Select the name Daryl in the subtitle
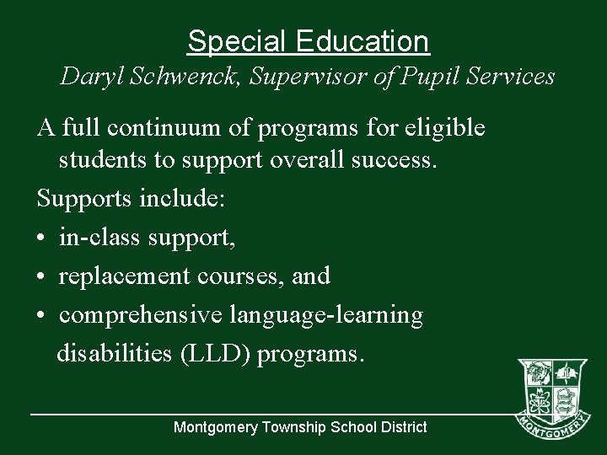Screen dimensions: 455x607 [x=89, y=77]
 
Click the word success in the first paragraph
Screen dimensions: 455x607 [x=393, y=160]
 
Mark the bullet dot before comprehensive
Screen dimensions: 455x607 [x=41, y=316]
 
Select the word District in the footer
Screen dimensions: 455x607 [x=402, y=427]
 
